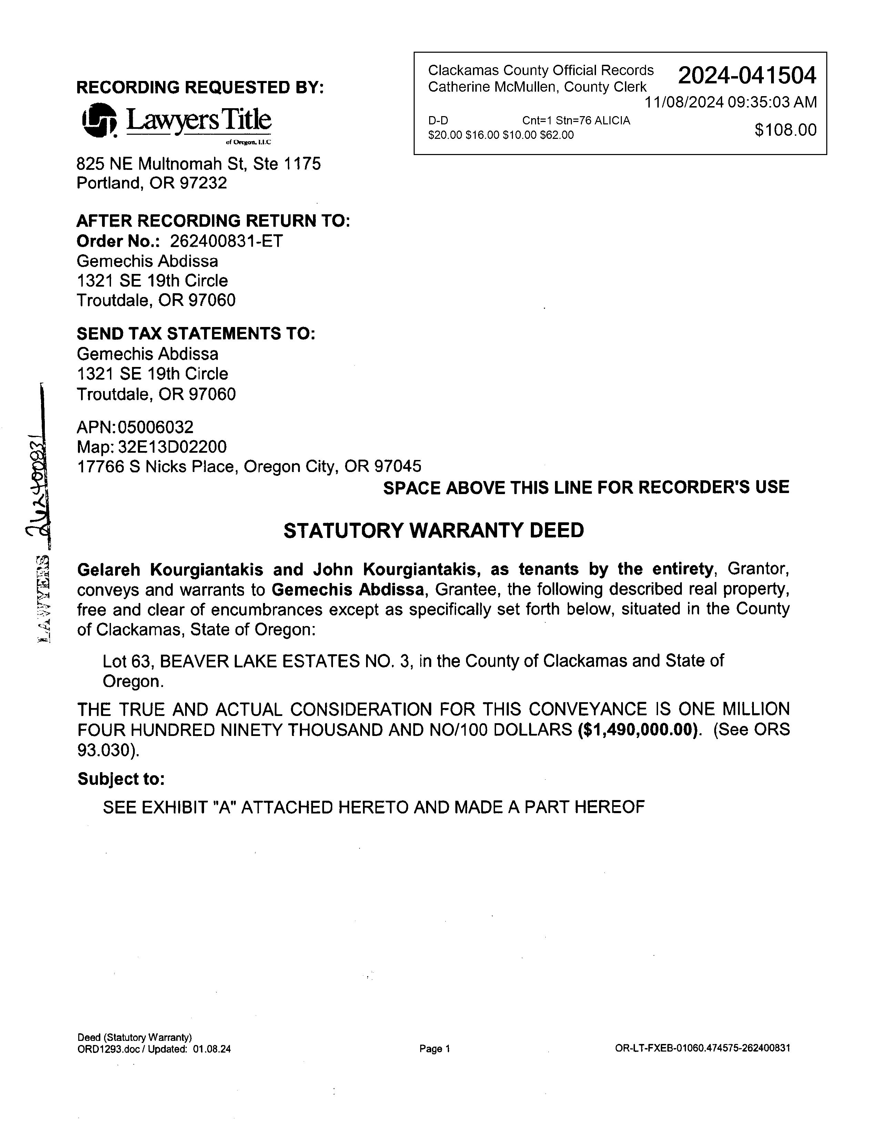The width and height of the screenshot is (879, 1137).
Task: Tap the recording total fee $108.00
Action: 785,130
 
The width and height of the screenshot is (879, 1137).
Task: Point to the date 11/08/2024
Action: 684,102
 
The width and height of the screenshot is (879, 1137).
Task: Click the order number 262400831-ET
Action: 226,241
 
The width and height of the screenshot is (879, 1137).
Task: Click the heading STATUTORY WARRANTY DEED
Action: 433,531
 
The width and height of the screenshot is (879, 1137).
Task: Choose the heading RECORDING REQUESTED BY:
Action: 200,87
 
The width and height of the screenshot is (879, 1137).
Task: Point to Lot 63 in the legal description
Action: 125,661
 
